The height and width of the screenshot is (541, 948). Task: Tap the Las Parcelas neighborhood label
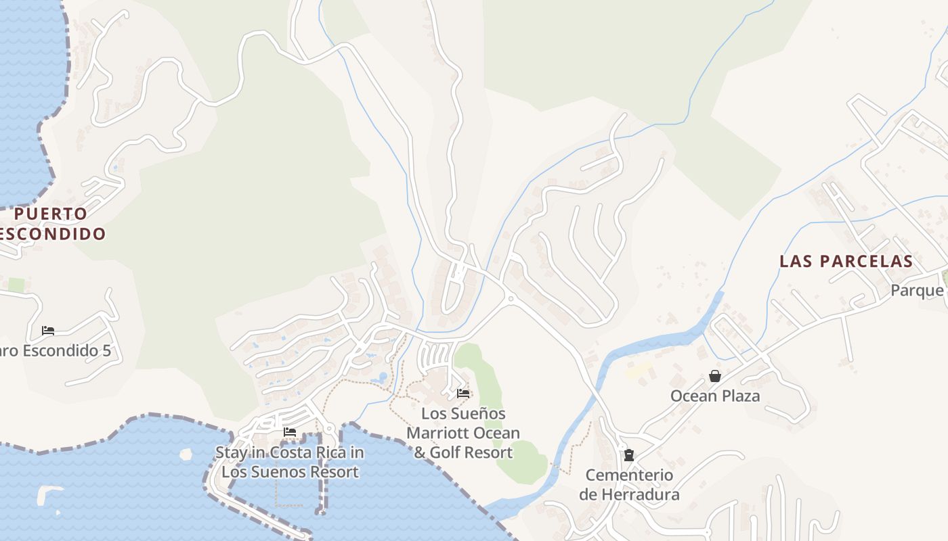pos(846,261)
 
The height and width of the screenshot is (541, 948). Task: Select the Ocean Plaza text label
pos(715,396)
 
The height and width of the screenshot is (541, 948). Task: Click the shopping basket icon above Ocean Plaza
pos(714,376)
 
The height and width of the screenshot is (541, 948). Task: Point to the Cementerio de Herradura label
pos(629,484)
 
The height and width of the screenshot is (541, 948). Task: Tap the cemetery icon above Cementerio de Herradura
pos(629,455)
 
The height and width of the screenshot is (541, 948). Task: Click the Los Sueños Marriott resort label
pos(463,433)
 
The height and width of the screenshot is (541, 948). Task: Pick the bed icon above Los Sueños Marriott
pos(463,393)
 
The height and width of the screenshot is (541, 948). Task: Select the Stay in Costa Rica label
pos(290,462)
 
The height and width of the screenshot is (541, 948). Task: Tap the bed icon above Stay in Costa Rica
pos(290,431)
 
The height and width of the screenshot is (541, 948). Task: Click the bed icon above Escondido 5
pos(47,331)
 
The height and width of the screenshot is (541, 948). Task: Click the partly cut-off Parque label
pos(918,290)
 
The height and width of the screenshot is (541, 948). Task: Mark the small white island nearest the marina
pos(186,454)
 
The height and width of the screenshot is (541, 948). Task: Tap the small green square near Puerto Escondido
pos(16,285)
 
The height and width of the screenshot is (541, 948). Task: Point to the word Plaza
pos(740,396)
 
